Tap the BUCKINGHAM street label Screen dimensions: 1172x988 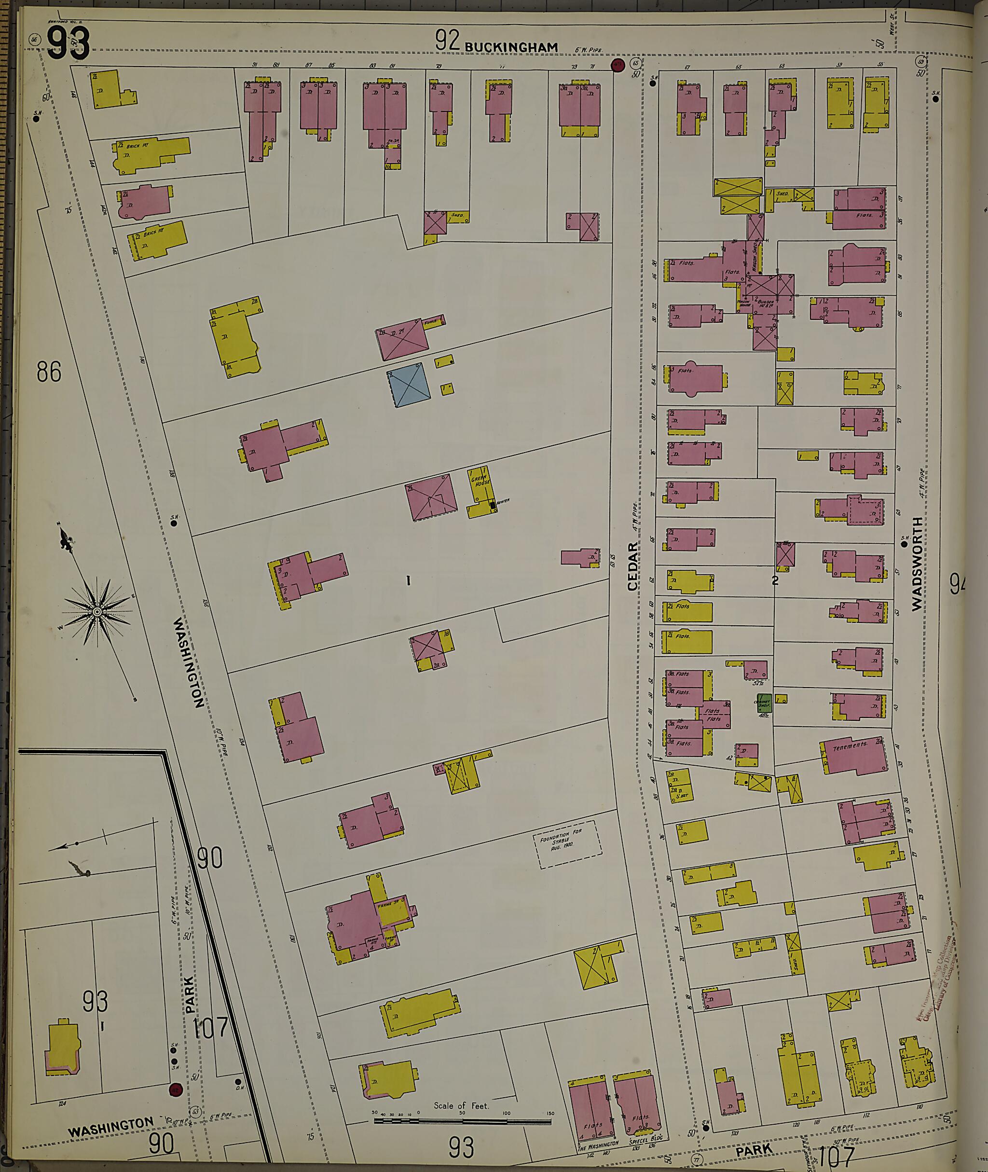point(511,47)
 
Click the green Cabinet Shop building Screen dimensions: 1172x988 point(765,703)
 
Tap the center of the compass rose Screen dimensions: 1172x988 point(97,611)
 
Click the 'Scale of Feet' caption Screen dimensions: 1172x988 point(461,1106)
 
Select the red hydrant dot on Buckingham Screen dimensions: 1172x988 point(618,65)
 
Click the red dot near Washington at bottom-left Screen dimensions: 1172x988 point(175,1089)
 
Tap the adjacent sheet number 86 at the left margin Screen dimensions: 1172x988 point(49,372)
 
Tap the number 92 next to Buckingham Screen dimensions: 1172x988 point(447,41)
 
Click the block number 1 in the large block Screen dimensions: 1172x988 point(409,581)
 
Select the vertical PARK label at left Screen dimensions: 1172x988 point(189,995)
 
